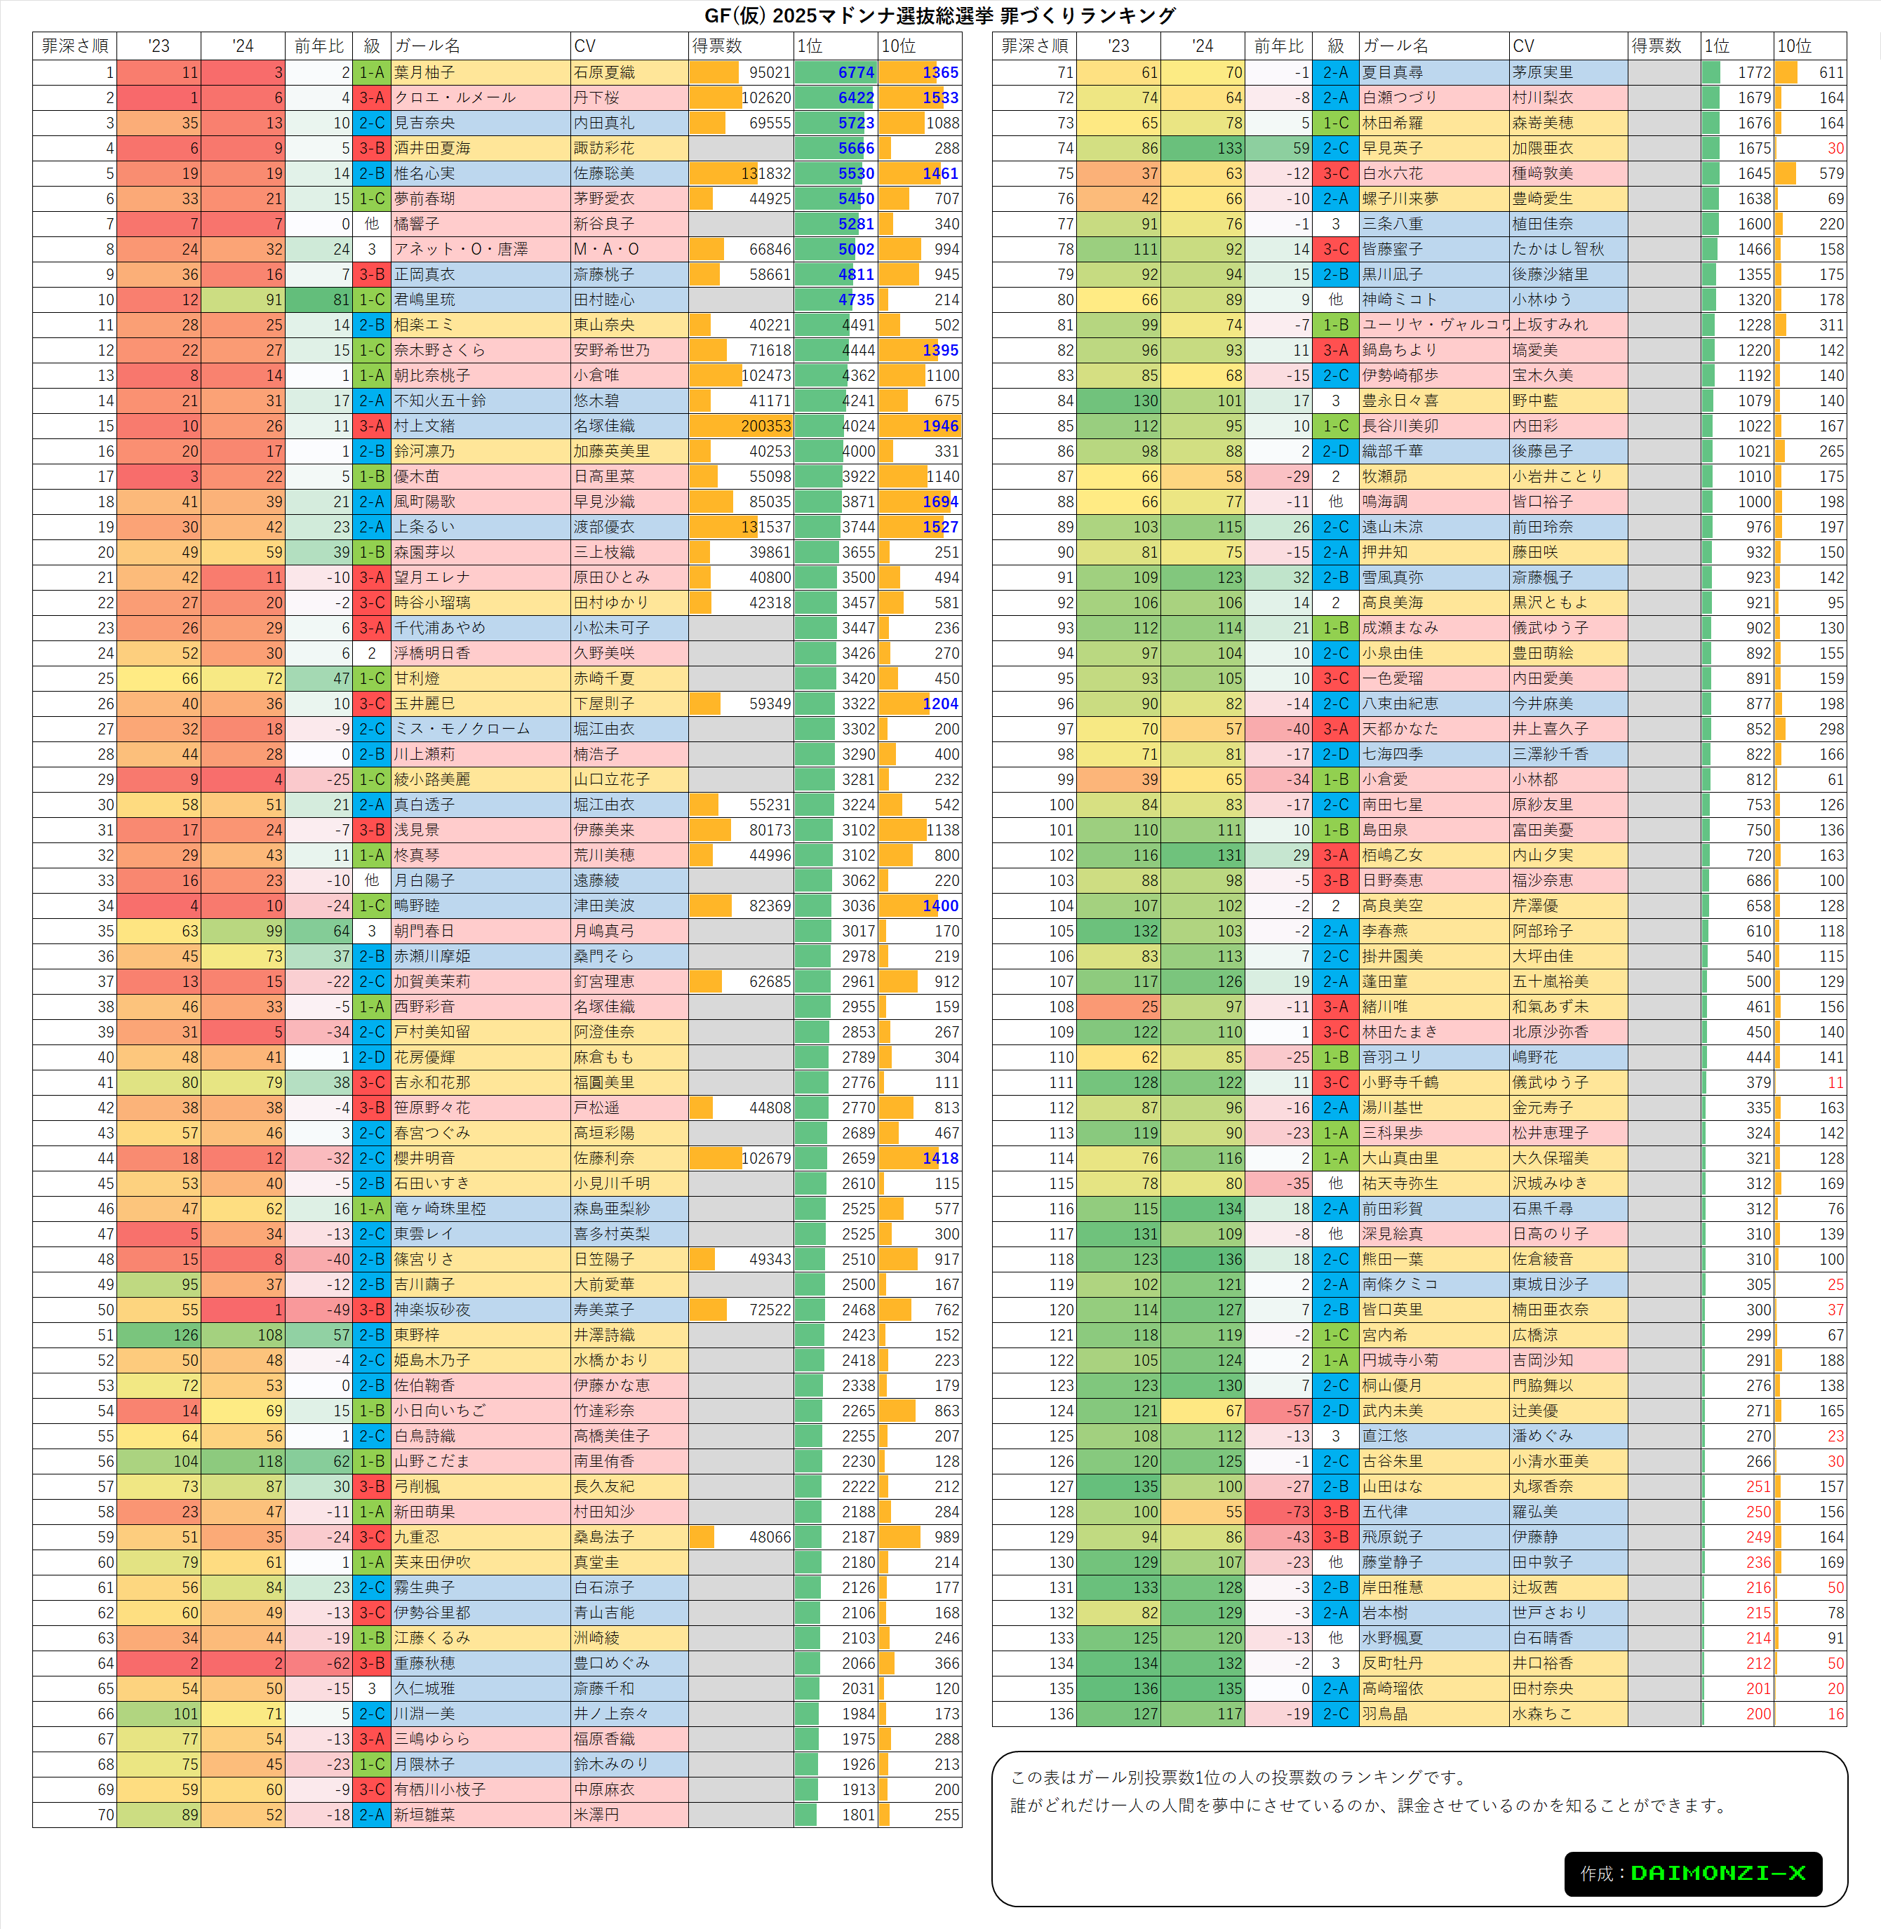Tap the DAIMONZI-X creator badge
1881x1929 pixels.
(1692, 1873)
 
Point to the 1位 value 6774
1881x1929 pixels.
(855, 72)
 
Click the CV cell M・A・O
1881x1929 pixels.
(607, 249)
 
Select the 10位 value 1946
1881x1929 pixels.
(939, 426)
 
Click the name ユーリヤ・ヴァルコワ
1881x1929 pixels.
(1433, 325)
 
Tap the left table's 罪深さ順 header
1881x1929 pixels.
(75, 46)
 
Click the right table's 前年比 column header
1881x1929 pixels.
(1279, 46)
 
